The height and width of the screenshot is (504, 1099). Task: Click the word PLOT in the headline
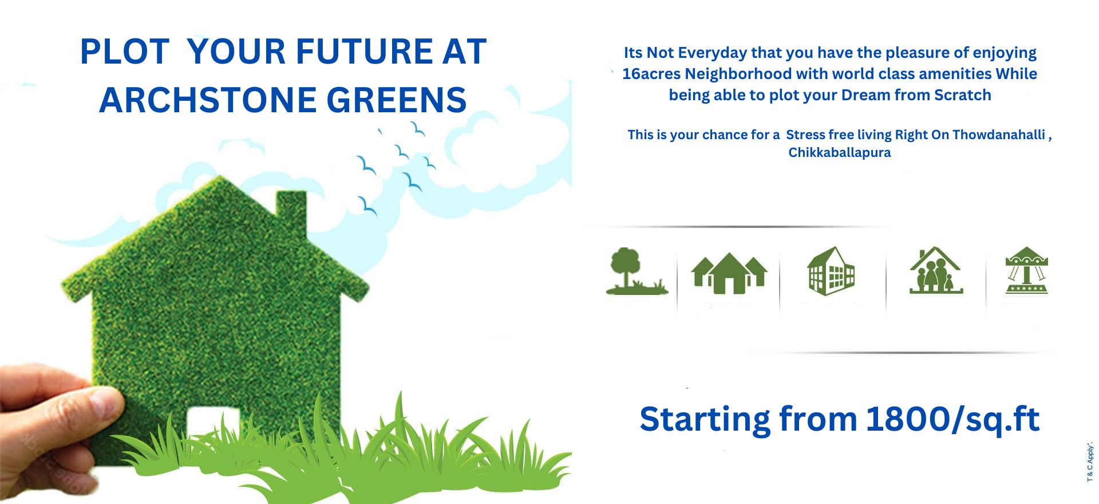pos(125,52)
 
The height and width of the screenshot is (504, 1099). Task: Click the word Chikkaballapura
pos(839,152)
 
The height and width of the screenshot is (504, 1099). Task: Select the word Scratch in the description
pos(962,95)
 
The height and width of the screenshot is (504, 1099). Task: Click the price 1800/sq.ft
pos(952,419)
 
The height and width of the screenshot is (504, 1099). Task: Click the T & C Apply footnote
pos(1090,462)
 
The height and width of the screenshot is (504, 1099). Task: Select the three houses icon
pos(729,273)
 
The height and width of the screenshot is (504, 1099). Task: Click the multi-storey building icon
pos(831,271)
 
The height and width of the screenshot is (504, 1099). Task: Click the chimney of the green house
pos(291,210)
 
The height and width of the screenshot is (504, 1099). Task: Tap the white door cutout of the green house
pos(205,422)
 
